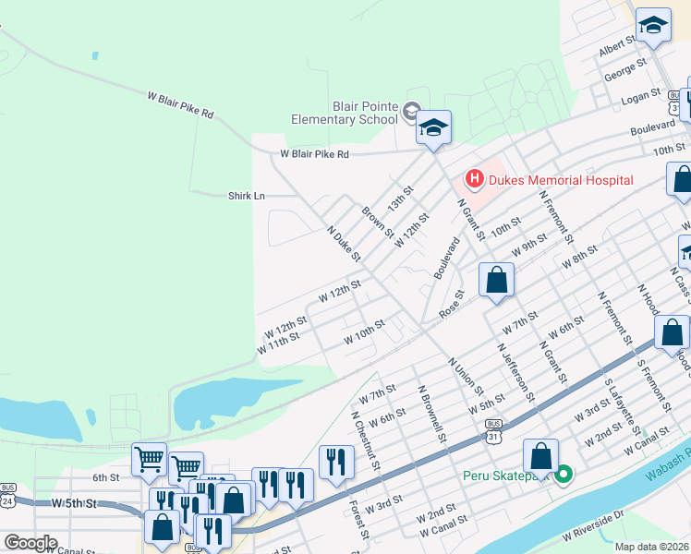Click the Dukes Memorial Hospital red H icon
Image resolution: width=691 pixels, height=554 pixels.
(474, 178)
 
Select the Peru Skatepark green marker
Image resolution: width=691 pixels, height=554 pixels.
(565, 476)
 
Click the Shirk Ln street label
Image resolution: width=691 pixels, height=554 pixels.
(247, 196)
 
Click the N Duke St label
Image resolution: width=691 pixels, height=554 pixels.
(343, 241)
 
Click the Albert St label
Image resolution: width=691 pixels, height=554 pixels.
(618, 47)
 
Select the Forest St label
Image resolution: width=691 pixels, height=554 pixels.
(359, 521)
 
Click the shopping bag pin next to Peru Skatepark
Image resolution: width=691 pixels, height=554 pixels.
(540, 457)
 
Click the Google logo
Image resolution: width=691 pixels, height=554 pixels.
(30, 543)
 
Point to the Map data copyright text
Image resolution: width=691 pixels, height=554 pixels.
(652, 547)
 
